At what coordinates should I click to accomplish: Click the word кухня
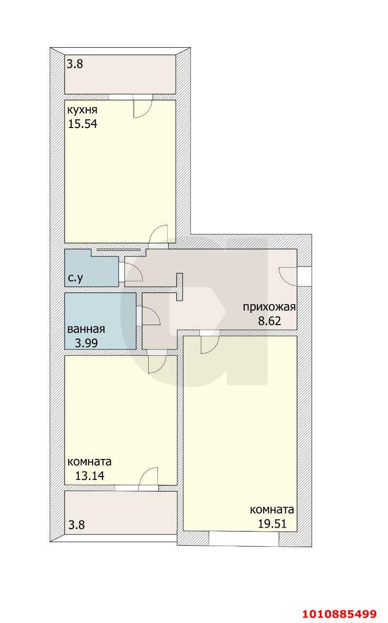83,110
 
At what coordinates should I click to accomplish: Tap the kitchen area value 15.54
83,124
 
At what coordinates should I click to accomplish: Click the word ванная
86,329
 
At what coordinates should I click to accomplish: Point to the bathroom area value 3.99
86,343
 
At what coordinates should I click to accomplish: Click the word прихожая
270,307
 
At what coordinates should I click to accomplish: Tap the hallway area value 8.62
270,321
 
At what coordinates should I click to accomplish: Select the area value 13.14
90,476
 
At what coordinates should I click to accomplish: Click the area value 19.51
272,524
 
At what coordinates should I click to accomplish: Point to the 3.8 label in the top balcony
75,64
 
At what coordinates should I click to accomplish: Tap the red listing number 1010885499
340,614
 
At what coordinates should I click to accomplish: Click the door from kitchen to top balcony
143,107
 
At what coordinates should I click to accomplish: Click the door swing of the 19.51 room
210,344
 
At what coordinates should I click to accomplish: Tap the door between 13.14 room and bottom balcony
148,477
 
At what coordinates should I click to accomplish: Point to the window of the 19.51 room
244,539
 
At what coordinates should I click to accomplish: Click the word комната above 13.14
90,461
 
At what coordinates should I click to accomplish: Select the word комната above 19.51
272,510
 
